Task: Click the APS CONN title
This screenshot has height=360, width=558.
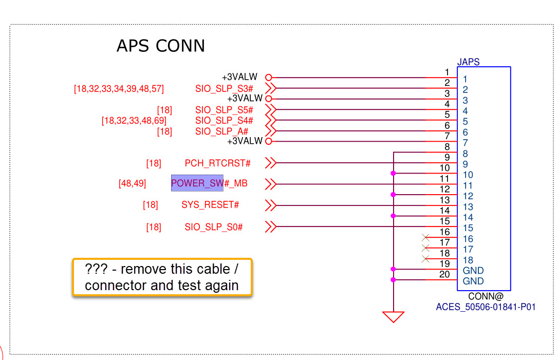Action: [160, 46]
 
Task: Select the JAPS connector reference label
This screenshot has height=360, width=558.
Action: [468, 62]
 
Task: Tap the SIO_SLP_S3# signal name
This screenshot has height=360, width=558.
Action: [224, 88]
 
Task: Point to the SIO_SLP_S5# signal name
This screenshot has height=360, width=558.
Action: [224, 110]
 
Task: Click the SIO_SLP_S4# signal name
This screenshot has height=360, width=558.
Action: [224, 121]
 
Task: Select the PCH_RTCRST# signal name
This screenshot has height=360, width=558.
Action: [217, 163]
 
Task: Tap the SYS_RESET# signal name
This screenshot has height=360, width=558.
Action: [210, 205]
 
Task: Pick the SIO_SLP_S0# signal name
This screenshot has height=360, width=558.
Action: [214, 226]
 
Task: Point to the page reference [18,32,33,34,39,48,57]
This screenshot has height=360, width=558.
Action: [119, 89]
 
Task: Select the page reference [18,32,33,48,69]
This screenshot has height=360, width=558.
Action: [134, 121]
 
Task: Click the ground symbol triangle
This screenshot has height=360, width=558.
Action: [393, 316]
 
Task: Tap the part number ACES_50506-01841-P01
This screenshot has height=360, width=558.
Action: [486, 307]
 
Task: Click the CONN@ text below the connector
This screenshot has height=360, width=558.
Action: [486, 297]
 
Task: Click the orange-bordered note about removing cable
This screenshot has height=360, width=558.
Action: [162, 277]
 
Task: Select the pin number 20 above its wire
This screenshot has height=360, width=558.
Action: [444, 275]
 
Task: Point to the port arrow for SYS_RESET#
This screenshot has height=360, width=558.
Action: [271, 205]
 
